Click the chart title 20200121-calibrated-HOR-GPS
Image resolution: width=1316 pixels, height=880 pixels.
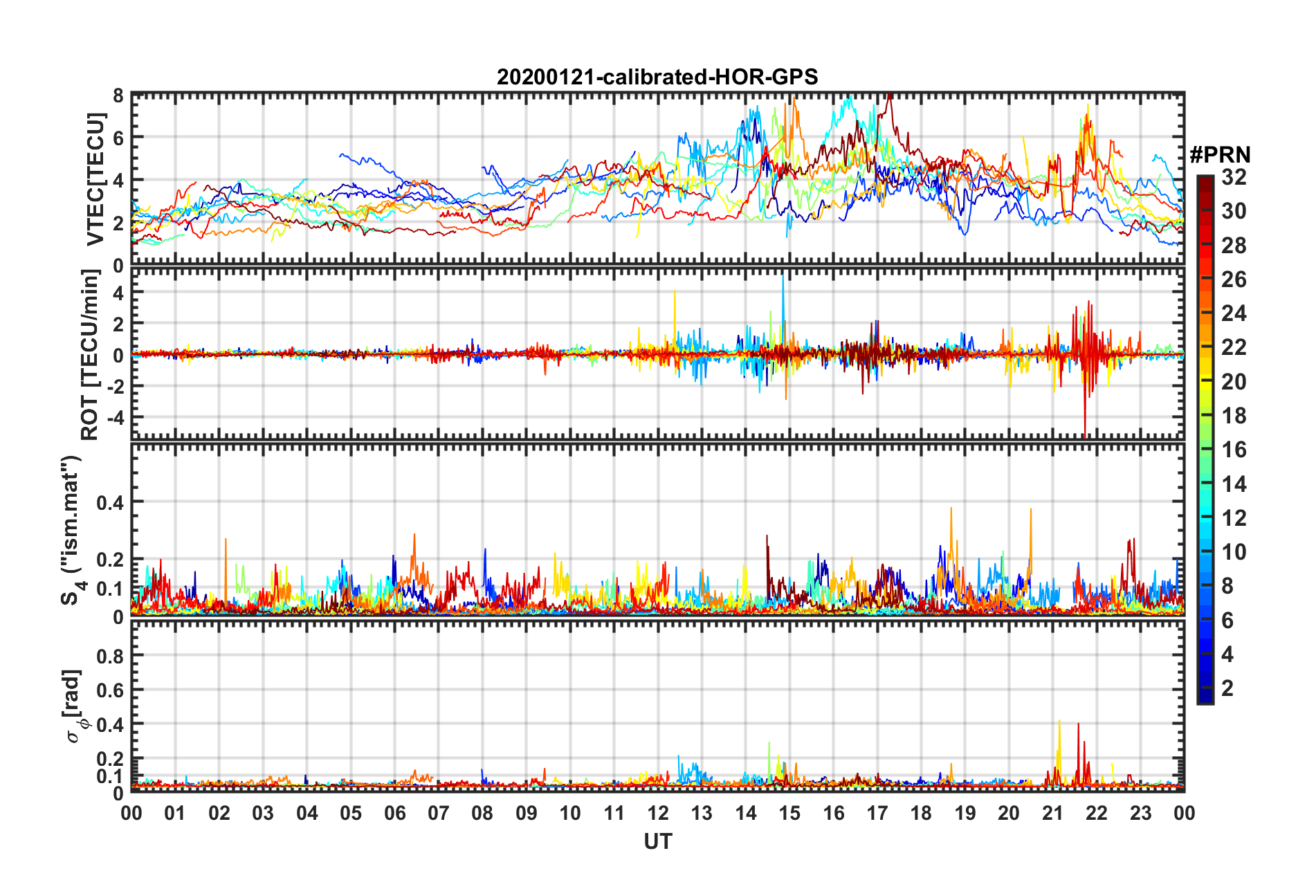[x=657, y=77]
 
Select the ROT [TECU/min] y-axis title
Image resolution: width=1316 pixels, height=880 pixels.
[x=90, y=355]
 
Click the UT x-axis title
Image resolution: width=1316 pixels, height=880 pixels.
[x=657, y=841]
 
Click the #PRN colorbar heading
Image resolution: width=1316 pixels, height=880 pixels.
[x=1219, y=155]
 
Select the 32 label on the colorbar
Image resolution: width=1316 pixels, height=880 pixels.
[x=1234, y=177]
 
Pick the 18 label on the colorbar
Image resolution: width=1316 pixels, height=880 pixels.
[x=1234, y=416]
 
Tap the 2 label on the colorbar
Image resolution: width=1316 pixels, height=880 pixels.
[x=1227, y=688]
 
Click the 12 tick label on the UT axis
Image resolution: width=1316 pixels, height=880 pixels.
[x=658, y=813]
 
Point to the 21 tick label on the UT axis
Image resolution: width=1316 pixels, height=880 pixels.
[x=1052, y=813]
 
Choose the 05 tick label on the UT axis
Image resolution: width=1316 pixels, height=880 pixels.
[x=351, y=813]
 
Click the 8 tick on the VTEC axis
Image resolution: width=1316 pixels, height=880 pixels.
[x=118, y=95]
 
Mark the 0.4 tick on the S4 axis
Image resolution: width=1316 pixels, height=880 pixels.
[x=110, y=502]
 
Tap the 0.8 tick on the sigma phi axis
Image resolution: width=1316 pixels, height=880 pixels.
[x=111, y=656]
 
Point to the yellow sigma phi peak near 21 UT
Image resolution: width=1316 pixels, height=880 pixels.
[x=1059, y=724]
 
